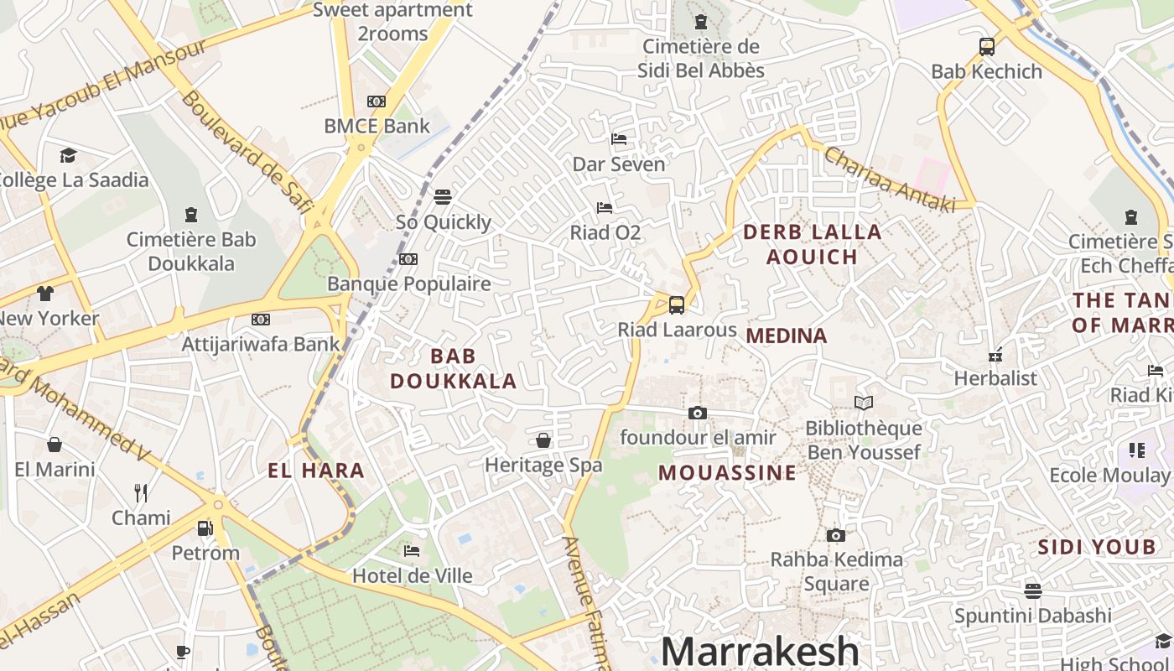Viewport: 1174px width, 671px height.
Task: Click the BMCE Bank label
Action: (377, 127)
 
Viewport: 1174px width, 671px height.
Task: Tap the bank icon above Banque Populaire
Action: (408, 259)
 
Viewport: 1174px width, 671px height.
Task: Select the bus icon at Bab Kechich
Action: (987, 47)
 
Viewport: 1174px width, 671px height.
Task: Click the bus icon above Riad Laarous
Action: (677, 305)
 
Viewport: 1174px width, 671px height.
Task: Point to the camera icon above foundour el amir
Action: (697, 413)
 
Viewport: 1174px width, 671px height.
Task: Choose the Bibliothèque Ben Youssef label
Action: (864, 440)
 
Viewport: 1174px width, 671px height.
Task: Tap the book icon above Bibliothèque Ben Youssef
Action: (864, 403)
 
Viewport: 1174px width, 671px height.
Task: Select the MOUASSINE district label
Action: (727, 473)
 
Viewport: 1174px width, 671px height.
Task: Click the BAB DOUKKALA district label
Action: (453, 368)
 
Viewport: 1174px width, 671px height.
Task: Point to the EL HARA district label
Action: (316, 471)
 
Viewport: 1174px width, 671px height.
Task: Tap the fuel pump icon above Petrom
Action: (205, 528)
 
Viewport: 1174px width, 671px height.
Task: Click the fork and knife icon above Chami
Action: (141, 493)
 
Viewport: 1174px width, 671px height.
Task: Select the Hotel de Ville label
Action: (412, 576)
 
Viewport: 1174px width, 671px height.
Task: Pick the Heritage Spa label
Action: (543, 465)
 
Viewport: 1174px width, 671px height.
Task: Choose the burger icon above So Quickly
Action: (443, 197)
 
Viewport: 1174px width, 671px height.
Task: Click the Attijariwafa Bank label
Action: (261, 344)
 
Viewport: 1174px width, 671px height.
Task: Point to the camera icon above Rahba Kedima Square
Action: (835, 535)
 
